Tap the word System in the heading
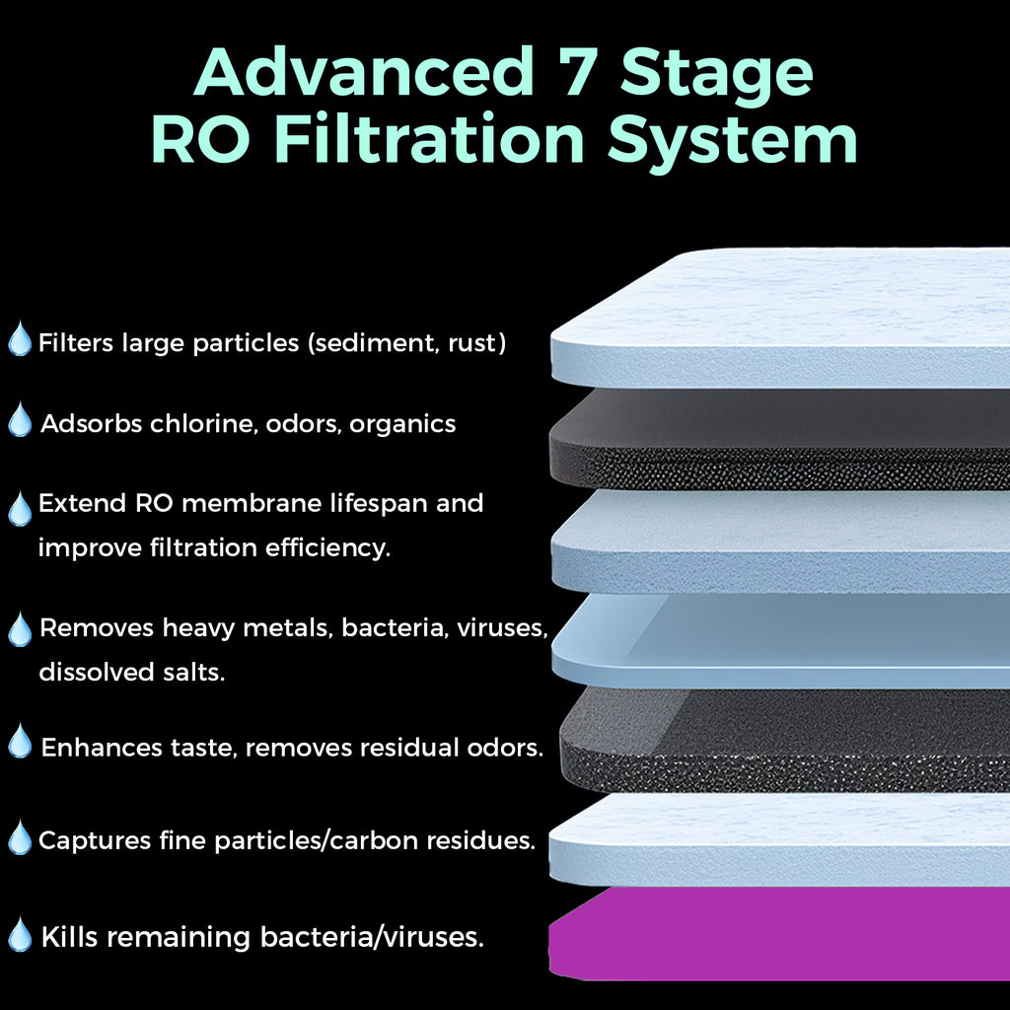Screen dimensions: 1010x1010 [x=733, y=139]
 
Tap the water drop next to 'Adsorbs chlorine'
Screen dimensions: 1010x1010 [x=20, y=421]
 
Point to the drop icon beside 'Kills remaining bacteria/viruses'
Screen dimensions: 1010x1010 [x=20, y=935]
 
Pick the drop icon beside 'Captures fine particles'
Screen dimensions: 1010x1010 [x=20, y=838]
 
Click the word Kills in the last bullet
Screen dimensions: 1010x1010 [x=69, y=936]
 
